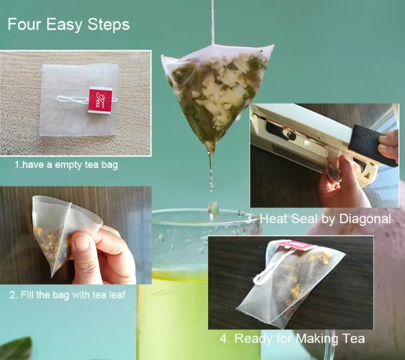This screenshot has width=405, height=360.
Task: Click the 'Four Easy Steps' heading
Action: (68, 25)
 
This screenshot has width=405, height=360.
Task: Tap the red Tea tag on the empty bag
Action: (100, 100)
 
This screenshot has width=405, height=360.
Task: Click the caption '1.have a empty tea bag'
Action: (66, 164)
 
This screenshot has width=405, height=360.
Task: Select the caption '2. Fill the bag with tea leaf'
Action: (68, 294)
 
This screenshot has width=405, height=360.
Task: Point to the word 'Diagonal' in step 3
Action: (365, 219)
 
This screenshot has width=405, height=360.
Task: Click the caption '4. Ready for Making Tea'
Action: (292, 339)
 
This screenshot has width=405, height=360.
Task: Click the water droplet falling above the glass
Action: (214, 209)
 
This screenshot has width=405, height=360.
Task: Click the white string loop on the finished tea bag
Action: (270, 268)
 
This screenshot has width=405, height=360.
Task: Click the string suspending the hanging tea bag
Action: (213, 22)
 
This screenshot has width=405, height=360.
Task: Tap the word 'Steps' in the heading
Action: (109, 25)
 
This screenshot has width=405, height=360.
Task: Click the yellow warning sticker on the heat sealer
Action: (367, 176)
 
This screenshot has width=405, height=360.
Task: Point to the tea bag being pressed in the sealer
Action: (332, 164)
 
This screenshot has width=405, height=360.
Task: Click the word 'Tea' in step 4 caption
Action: (353, 338)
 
